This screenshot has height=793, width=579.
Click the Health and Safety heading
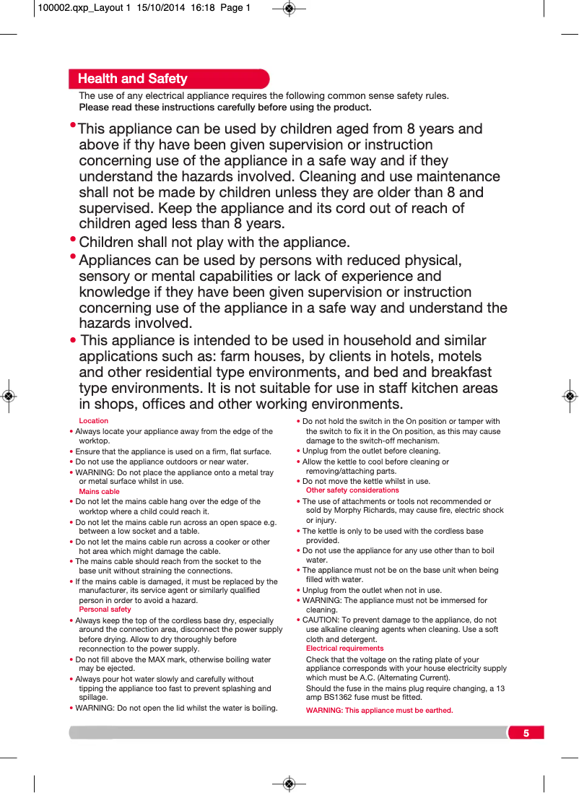pos(132,79)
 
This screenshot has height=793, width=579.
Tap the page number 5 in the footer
pos(526,733)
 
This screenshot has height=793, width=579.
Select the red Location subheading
pos(93,420)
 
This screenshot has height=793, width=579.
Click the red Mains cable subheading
pos(99,491)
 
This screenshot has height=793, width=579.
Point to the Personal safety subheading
pos(105,609)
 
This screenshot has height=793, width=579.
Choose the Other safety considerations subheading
pos(352,490)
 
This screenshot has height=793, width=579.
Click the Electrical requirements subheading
pos(344,648)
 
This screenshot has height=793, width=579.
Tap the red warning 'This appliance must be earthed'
pos(379,710)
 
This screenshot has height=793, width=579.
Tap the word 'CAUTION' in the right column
pos(320,620)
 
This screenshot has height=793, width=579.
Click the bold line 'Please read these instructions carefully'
pos(225,108)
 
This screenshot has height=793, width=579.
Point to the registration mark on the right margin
pos(570,396)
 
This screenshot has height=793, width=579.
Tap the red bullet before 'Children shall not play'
pos(73,239)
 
